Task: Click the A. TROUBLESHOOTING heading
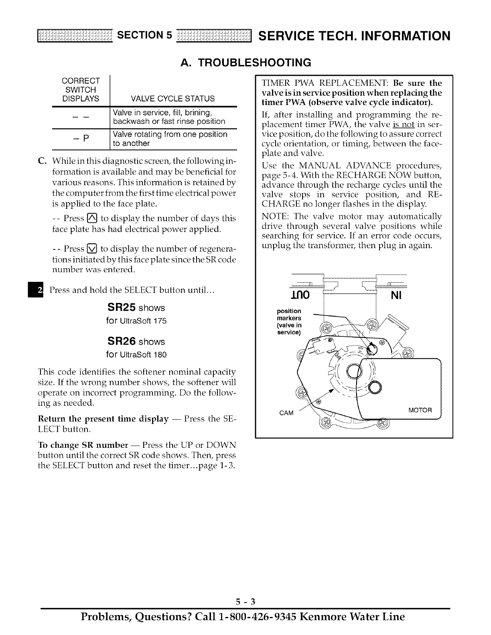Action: pyautogui.click(x=246, y=63)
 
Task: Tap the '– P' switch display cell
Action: pyautogui.click(x=81, y=139)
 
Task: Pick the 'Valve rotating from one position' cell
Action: pyautogui.click(x=170, y=134)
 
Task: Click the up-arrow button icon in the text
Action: pyautogui.click(x=91, y=218)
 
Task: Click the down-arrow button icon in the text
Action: pyautogui.click(x=91, y=248)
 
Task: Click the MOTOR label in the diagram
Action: pyautogui.click(x=420, y=410)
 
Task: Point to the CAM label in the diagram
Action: pyautogui.click(x=286, y=413)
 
